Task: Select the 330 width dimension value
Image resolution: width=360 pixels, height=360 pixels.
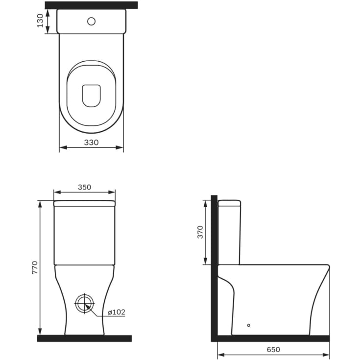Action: click(x=91, y=142)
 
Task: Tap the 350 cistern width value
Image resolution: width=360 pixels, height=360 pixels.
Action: click(x=84, y=187)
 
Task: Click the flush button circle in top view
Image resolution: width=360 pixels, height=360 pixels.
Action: click(x=91, y=21)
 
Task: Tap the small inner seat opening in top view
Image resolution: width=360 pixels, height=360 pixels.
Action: click(x=91, y=96)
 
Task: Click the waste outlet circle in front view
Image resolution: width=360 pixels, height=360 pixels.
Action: click(x=84, y=304)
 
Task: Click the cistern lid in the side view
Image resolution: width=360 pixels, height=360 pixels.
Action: click(x=229, y=202)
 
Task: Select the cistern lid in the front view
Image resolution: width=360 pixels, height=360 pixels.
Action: click(x=84, y=203)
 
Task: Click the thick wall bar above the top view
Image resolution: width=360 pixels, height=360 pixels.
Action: click(x=91, y=5)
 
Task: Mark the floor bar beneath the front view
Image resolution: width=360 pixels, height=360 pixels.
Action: click(x=84, y=338)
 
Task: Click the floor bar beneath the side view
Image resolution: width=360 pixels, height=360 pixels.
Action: click(x=272, y=338)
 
